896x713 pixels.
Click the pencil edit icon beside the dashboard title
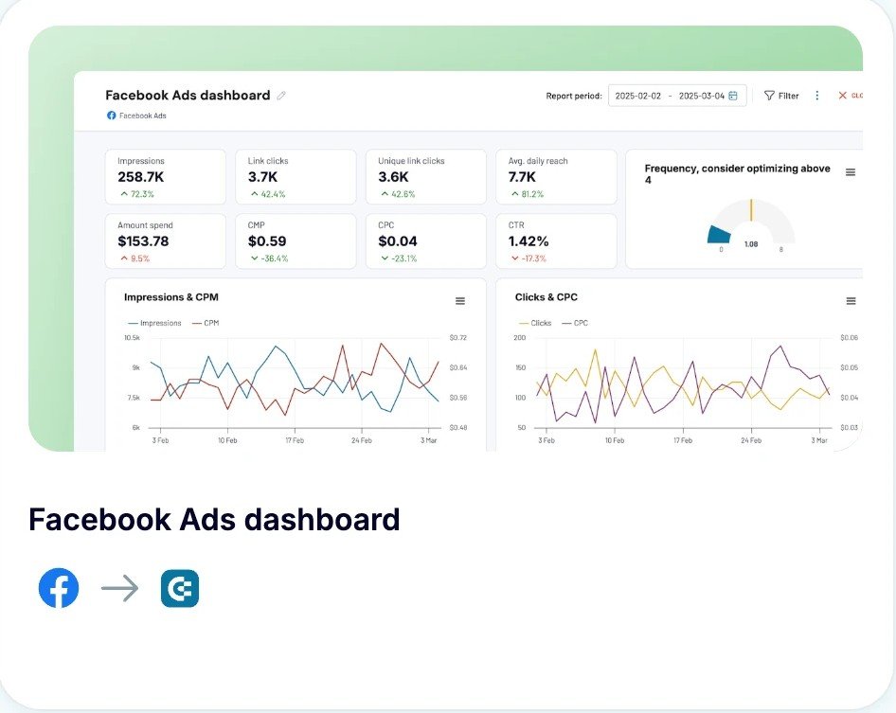coord(281,96)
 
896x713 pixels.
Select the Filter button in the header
coord(781,96)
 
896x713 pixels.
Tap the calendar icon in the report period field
coord(733,96)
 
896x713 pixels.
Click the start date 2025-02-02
coord(638,96)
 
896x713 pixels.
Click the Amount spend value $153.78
coord(143,241)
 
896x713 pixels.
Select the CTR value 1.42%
coord(529,241)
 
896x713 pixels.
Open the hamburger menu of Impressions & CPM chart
coord(460,301)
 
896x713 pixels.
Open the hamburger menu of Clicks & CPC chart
coord(851,301)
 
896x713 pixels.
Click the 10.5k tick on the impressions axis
coord(132,338)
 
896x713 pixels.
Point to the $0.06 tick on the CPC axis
coord(849,338)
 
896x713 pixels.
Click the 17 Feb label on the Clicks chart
coord(684,440)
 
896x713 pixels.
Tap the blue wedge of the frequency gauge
coord(720,235)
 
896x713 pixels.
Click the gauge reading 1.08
coord(751,244)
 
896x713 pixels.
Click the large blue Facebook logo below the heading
coord(59,588)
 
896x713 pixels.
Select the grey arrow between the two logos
coord(119,589)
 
